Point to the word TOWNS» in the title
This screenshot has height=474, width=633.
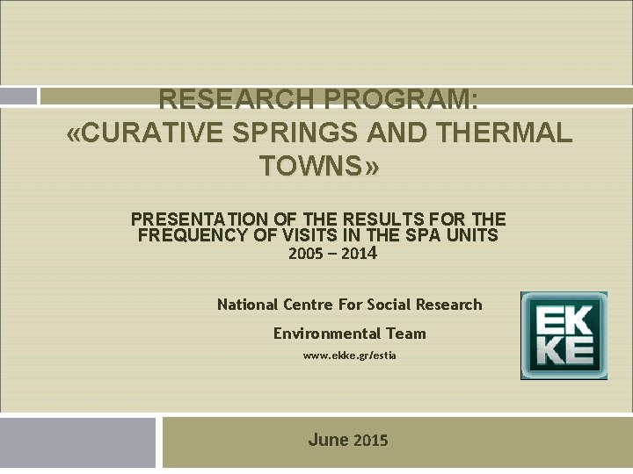click(x=319, y=165)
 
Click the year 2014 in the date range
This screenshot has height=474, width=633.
click(x=361, y=255)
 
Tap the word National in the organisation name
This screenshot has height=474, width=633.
click(x=248, y=305)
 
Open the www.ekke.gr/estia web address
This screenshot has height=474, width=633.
click(x=349, y=355)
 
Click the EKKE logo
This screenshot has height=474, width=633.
click(x=564, y=335)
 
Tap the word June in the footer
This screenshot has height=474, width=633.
click(x=328, y=440)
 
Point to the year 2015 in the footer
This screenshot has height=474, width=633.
click(x=371, y=441)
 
